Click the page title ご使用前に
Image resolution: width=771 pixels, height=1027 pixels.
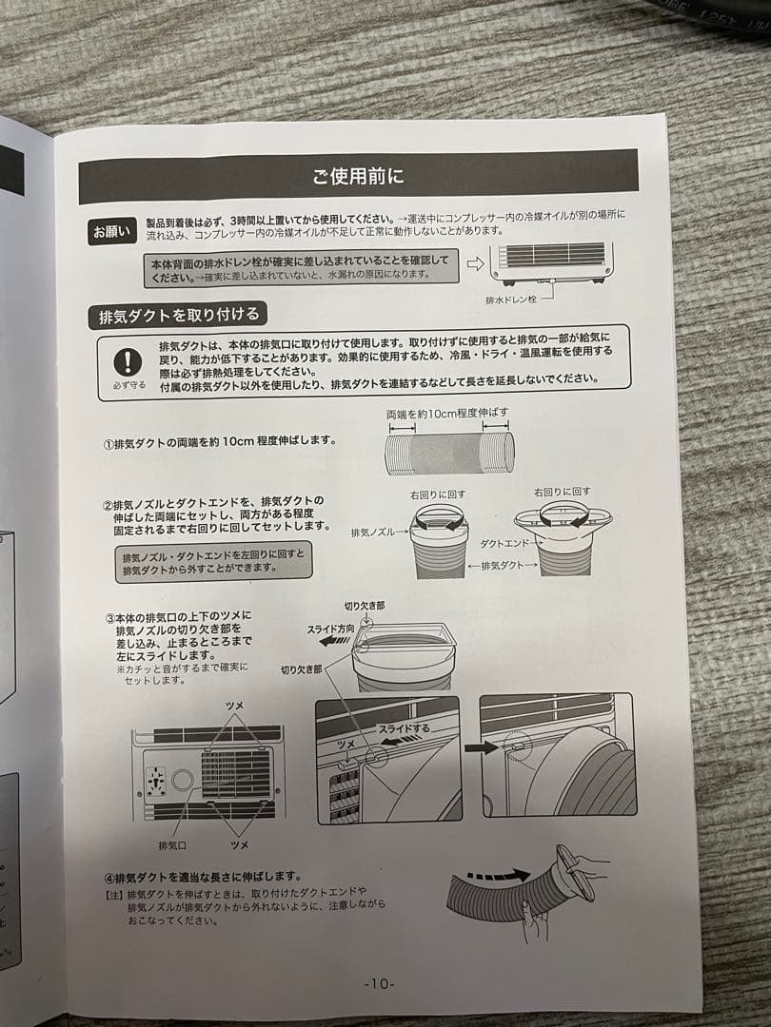[x=358, y=176]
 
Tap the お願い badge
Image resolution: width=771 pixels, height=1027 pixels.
[x=112, y=231]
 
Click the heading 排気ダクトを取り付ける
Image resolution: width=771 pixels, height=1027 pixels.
[x=178, y=316]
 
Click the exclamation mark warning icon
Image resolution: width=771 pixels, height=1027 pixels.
[x=128, y=361]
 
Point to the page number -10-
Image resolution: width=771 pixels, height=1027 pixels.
[x=380, y=984]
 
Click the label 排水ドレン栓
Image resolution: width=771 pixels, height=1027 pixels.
[x=511, y=300]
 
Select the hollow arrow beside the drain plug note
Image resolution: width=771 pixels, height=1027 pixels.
[x=475, y=264]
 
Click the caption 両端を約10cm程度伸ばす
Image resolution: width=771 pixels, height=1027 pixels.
[x=447, y=414]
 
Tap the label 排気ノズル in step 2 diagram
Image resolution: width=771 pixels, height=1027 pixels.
[x=373, y=533]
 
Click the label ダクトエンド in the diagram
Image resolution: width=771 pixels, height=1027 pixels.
[x=504, y=544]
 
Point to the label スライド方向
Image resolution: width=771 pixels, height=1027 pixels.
[x=330, y=630]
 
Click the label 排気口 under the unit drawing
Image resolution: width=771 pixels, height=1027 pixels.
[x=171, y=845]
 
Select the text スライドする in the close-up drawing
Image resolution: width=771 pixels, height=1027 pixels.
[x=404, y=728]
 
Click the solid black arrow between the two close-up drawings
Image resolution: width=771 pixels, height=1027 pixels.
[x=482, y=747]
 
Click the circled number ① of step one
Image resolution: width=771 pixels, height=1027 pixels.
[x=109, y=443]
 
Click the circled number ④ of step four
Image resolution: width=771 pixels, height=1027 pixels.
[x=109, y=878]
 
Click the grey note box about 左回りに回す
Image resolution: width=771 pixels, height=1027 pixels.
[x=213, y=561]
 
